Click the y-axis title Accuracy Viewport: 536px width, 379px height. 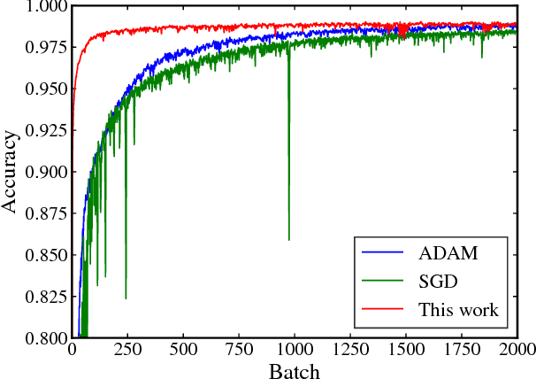[11, 172]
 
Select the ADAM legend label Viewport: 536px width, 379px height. [448, 254]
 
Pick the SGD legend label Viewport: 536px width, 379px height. [436, 282]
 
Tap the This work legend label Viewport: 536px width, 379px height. [457, 310]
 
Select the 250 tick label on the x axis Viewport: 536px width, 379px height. [126, 350]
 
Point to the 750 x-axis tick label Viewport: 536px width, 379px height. [238, 350]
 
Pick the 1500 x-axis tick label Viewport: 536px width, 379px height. [405, 350]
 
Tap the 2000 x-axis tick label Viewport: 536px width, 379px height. [515, 350]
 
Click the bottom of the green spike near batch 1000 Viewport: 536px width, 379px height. [288, 239]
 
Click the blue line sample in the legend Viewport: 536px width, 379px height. [381, 254]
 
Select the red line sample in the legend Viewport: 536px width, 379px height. [381, 310]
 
